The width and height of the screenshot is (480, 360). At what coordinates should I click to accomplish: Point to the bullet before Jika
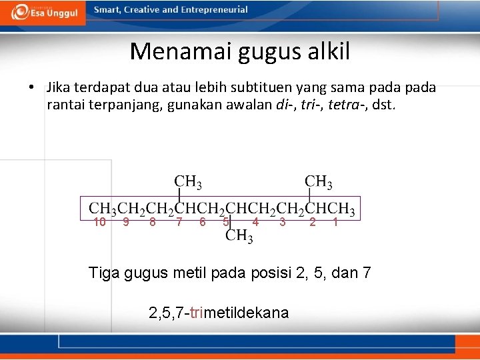point(31,88)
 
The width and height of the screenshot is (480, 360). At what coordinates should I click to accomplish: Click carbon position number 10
point(100,223)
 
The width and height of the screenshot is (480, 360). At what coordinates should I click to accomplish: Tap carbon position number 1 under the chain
point(335,223)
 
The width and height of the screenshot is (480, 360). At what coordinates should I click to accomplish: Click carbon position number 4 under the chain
point(255,223)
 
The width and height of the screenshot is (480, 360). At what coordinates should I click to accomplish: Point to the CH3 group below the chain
point(239,236)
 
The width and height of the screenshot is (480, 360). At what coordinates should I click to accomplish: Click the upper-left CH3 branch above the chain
point(188,181)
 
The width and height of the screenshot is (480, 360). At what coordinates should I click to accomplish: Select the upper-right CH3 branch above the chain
point(319,181)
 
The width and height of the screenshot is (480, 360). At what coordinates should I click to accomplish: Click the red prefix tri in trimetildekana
point(197,313)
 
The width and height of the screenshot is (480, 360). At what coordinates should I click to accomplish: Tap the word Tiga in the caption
point(104,273)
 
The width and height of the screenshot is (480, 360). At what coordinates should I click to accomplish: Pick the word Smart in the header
point(107,10)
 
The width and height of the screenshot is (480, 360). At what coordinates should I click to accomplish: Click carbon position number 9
point(126,223)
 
